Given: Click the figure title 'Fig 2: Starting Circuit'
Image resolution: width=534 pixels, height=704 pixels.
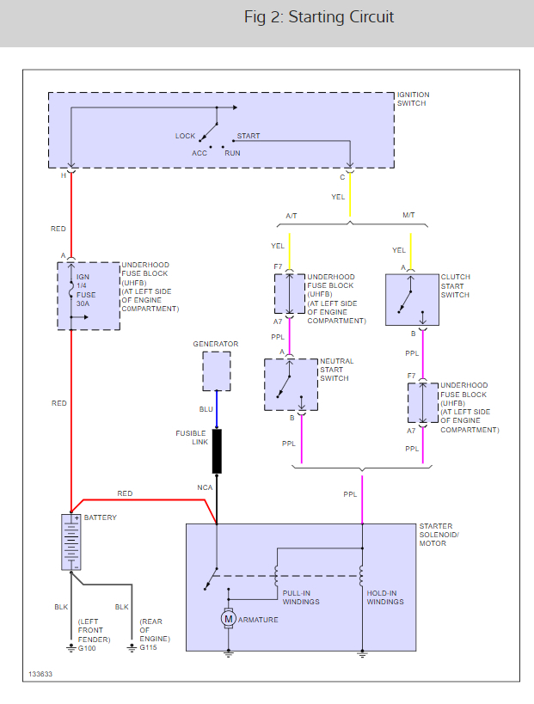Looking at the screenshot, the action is [319, 17].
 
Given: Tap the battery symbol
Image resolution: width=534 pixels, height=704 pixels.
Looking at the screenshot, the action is [71, 542].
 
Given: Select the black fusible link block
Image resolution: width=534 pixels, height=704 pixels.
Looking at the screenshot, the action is [217, 451].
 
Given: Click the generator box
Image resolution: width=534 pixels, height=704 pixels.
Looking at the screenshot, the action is [217, 370].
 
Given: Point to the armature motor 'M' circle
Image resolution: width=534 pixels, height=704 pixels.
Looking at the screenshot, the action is [228, 619].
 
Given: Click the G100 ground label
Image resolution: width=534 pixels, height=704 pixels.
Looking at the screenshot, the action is [87, 648].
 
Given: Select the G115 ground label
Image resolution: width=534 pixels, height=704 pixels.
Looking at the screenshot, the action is [148, 647].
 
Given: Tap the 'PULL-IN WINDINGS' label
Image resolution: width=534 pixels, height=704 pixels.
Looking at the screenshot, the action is [301, 597].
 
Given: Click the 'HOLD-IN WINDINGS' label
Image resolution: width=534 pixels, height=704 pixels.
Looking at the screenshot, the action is [385, 597].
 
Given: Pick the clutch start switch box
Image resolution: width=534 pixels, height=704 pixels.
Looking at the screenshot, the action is [412, 299].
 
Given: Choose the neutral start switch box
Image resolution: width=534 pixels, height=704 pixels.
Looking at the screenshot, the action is [291, 384].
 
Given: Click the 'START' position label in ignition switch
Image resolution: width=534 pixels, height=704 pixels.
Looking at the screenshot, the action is [249, 136].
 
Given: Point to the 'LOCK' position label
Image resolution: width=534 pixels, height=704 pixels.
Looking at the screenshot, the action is [185, 136].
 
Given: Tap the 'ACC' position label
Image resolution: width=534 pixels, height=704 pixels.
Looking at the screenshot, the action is [199, 153].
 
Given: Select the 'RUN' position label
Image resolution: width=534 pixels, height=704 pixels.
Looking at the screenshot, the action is [233, 153].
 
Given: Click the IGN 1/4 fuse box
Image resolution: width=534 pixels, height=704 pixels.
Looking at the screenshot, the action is [89, 297].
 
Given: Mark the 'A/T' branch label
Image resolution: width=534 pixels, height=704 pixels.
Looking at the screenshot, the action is [292, 216].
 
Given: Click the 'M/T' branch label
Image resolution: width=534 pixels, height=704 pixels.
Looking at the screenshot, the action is [408, 215].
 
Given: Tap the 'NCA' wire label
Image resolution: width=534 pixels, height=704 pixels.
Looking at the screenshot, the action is [205, 487].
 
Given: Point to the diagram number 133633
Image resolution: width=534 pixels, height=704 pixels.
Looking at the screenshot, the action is [40, 674].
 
